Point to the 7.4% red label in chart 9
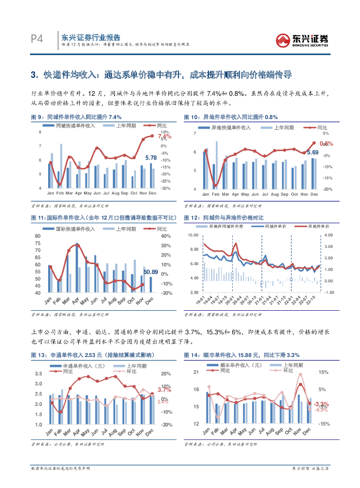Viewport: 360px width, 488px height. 164,136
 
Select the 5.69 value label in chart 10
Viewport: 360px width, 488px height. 313,152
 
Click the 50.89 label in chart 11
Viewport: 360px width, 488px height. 151,272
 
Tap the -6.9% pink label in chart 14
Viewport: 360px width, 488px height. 322,410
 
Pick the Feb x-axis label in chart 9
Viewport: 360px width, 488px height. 60,193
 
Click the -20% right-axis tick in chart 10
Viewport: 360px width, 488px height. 328,189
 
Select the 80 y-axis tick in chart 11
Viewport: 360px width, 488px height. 38,236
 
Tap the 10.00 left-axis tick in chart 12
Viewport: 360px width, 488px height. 192,235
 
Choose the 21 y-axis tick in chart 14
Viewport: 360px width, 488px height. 195,372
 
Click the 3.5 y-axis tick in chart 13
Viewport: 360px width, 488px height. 39,374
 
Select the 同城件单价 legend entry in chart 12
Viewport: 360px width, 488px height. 274,226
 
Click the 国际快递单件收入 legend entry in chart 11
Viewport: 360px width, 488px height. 75,229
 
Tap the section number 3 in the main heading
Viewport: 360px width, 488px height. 33,75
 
